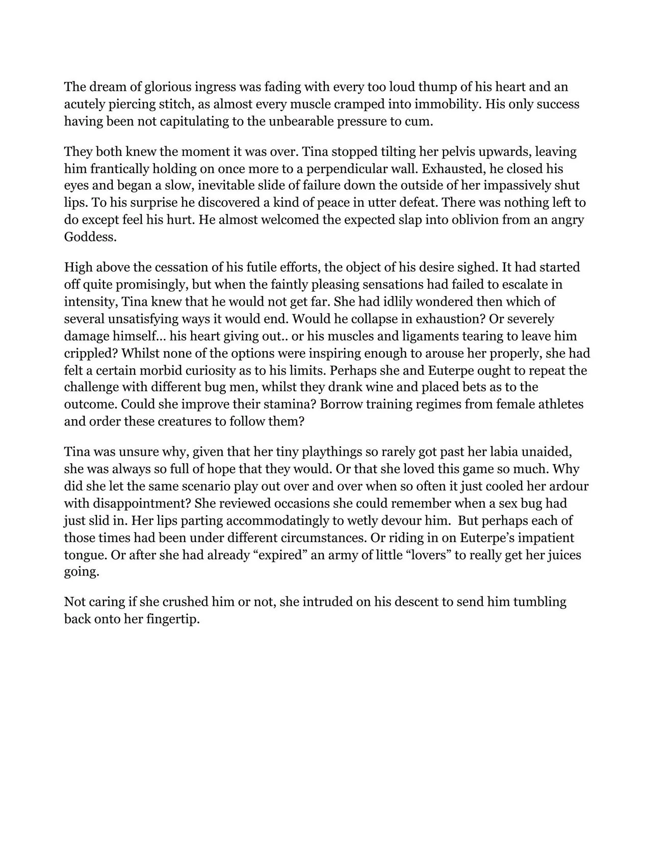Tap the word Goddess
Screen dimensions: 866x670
tap(90, 237)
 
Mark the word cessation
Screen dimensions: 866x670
tap(182, 267)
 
